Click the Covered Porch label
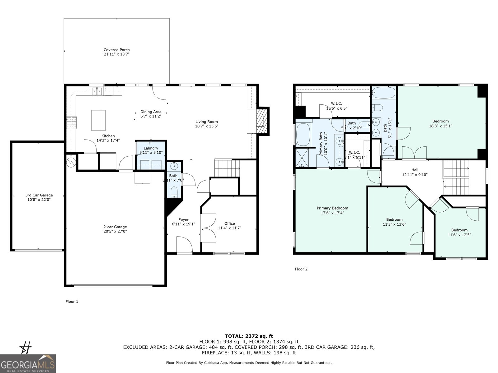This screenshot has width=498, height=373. (116, 50)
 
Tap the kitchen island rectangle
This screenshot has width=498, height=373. (98, 120)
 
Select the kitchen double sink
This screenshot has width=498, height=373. (97, 91)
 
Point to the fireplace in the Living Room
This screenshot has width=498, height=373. (261, 121)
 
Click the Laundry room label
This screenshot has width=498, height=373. (151, 148)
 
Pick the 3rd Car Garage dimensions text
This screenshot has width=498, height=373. (39, 200)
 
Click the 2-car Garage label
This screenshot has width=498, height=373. (115, 227)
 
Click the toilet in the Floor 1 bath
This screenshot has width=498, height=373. (174, 191)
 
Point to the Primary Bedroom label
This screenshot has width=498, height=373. (332, 208)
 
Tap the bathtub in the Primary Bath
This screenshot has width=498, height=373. (303, 135)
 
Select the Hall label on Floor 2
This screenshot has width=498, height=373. (415, 170)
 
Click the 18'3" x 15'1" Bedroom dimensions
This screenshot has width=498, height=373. (440, 126)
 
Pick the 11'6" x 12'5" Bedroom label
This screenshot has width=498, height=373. (459, 230)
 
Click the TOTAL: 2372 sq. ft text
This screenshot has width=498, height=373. (249, 336)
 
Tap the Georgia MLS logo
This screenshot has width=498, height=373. (28, 364)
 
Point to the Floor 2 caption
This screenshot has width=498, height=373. (301, 269)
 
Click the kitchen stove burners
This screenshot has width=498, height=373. (71, 123)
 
